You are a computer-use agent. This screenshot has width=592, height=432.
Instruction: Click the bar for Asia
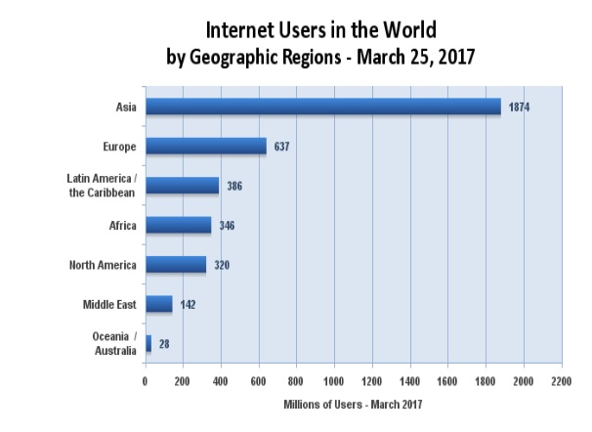(322, 106)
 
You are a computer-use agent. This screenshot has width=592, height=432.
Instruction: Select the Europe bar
(205, 146)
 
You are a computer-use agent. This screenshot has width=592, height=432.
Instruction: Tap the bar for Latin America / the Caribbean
(182, 186)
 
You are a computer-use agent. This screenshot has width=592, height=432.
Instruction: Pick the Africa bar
(178, 225)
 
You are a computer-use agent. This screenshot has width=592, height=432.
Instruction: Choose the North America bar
(175, 264)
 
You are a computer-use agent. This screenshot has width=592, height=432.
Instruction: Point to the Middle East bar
(158, 304)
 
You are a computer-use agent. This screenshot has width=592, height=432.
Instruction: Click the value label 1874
(520, 107)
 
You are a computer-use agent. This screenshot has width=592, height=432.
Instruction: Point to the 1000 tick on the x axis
(334, 380)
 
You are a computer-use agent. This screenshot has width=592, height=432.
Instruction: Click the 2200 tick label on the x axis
(561, 380)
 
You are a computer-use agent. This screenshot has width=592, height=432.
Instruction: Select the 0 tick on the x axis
(145, 380)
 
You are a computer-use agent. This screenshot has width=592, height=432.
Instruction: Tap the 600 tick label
(258, 380)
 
